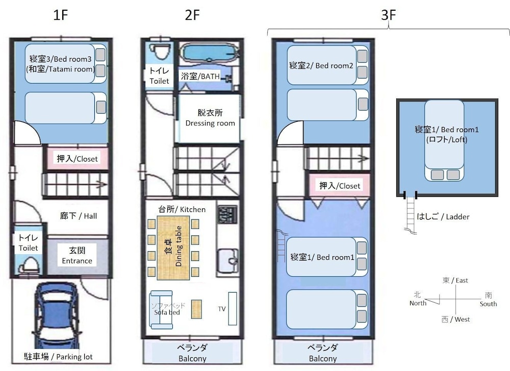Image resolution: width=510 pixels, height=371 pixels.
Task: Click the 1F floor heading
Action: (61, 15)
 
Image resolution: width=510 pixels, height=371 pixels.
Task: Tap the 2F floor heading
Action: (192, 15)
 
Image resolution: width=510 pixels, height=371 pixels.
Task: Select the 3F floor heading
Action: (388, 15)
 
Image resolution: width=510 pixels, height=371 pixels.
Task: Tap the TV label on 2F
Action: (222, 309)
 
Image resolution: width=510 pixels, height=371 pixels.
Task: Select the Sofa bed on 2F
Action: (161, 310)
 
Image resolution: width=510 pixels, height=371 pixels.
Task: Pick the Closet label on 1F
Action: (77, 158)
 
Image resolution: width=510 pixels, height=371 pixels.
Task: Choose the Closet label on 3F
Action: (340, 186)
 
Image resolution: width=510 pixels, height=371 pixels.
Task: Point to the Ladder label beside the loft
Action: (443, 217)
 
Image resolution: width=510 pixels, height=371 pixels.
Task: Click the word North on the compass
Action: (418, 303)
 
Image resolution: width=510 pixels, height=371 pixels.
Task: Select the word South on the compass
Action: (488, 304)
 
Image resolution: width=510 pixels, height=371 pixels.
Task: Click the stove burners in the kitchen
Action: (227, 215)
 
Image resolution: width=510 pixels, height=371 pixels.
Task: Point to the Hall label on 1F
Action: (79, 216)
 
